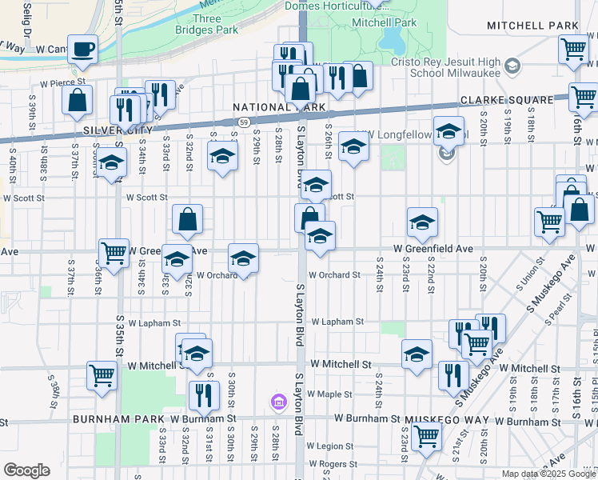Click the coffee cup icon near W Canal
[82, 50]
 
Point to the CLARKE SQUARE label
[506, 100]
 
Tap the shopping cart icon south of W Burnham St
[427, 436]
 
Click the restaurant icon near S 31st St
[203, 394]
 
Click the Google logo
[26, 470]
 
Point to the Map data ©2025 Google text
[547, 474]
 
